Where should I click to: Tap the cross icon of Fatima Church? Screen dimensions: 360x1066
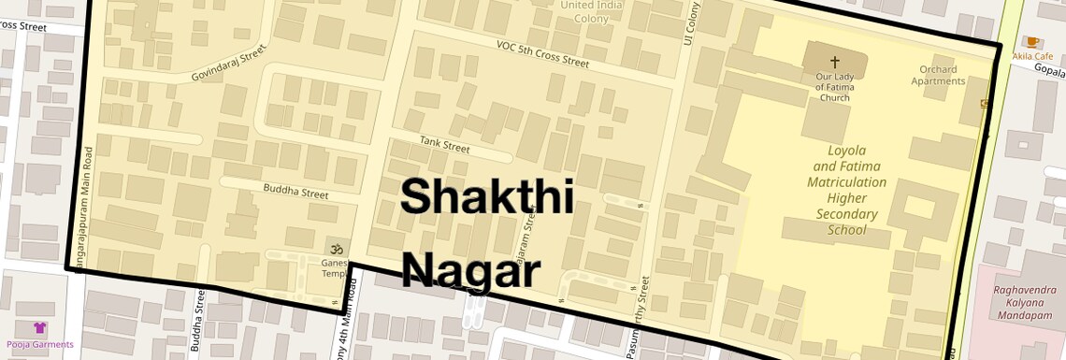click(x=834, y=61)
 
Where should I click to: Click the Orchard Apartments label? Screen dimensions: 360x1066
click(x=938, y=75)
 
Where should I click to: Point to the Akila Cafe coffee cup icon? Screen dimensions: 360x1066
click(x=1032, y=42)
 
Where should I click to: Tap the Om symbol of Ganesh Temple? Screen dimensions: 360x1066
click(x=334, y=248)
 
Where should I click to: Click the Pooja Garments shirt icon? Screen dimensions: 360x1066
click(x=40, y=328)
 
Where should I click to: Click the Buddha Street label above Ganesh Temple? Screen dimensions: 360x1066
click(x=295, y=194)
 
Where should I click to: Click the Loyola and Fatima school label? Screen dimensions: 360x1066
click(x=847, y=190)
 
